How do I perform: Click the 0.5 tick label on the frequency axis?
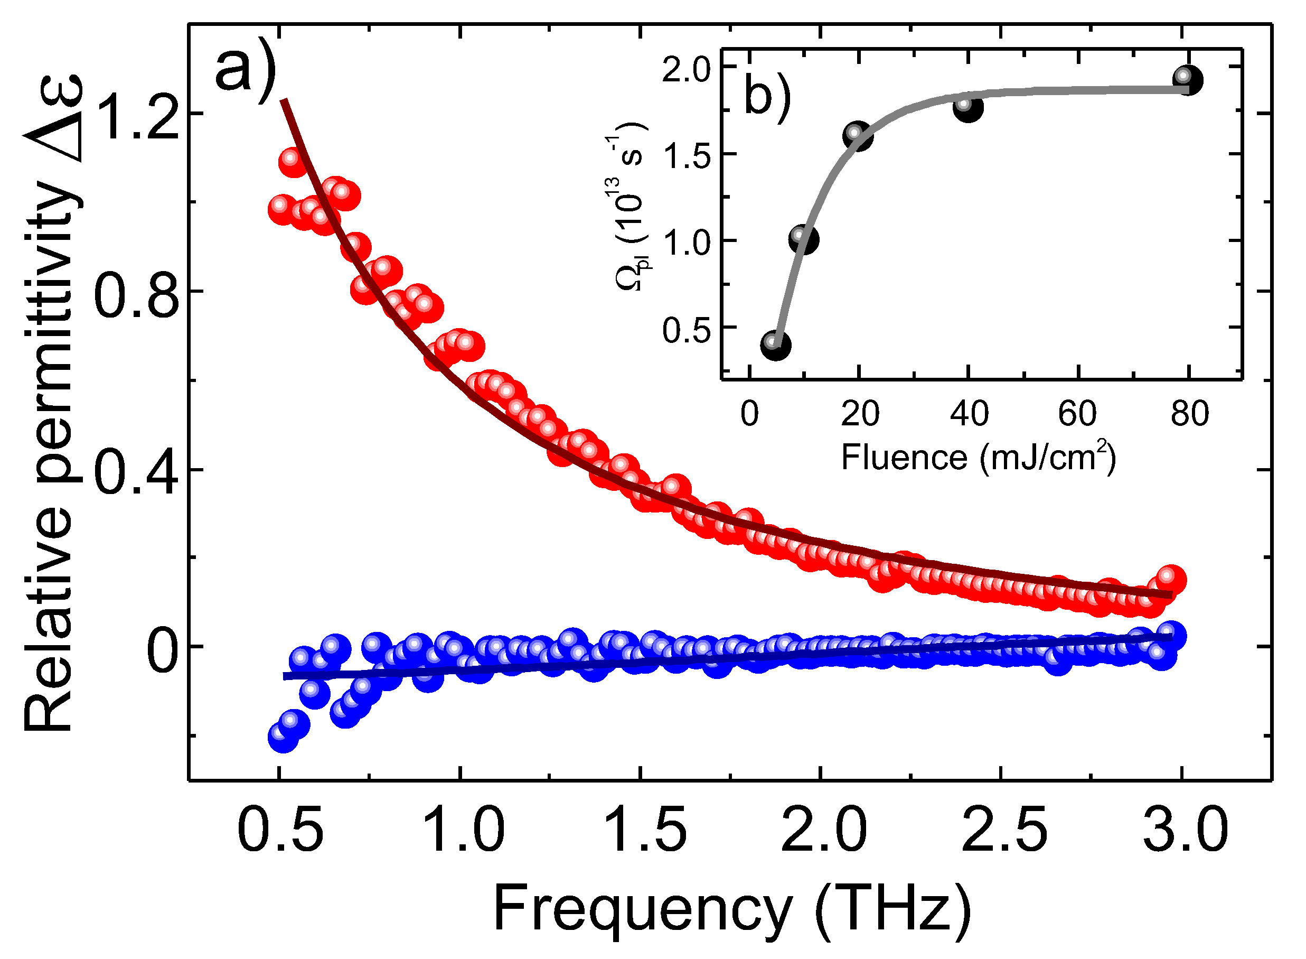tap(281, 831)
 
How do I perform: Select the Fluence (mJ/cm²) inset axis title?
tap(978, 458)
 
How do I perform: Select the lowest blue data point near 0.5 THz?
tap(283, 738)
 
